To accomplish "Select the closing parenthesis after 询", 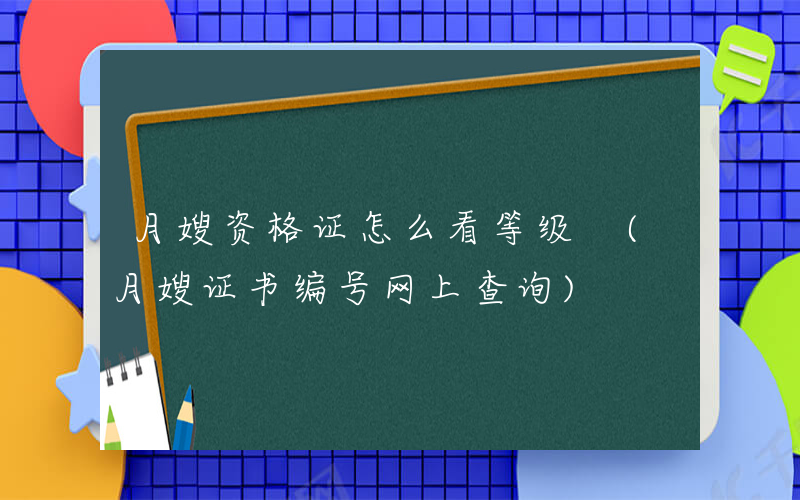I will [x=569, y=289].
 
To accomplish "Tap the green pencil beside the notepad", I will [x=112, y=425].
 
